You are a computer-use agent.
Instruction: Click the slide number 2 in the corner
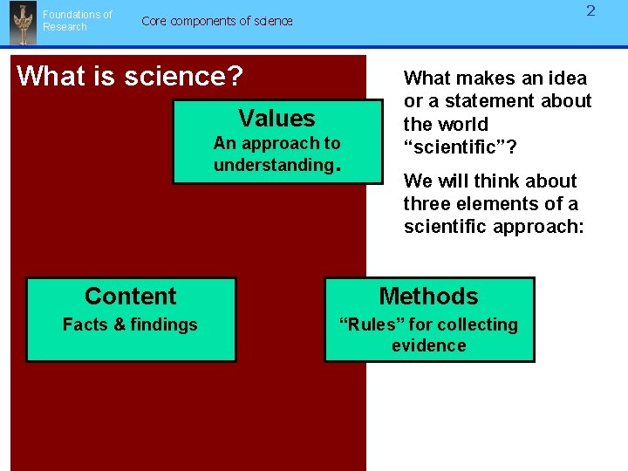(590, 11)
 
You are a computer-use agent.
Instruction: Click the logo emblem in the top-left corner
(23, 23)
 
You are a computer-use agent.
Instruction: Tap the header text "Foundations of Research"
(77, 21)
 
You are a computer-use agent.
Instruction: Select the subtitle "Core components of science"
(216, 21)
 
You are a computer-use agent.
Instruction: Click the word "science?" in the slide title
(183, 76)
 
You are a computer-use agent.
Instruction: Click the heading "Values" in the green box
(276, 119)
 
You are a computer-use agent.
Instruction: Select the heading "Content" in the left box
(131, 297)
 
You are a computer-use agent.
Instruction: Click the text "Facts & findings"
(130, 324)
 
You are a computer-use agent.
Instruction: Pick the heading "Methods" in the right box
(428, 297)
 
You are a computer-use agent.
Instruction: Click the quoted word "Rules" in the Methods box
(372, 324)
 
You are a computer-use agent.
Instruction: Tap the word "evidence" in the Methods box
(428, 345)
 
